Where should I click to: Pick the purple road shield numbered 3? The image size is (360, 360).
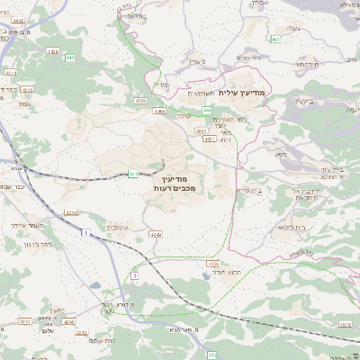135,274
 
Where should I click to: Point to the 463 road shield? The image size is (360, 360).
275,40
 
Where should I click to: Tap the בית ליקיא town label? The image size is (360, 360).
286,228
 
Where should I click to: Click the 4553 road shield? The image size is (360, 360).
202,130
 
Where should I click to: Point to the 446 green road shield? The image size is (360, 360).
159,111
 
